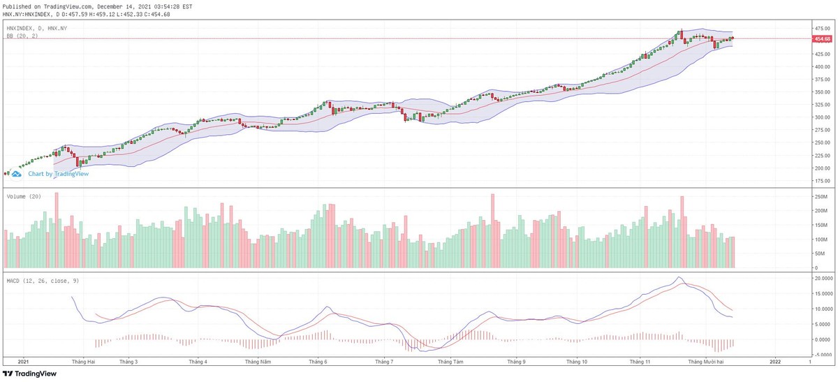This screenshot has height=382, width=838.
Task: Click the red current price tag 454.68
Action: pyautogui.click(x=821, y=38)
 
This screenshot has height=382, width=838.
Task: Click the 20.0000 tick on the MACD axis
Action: pyautogui.click(x=821, y=278)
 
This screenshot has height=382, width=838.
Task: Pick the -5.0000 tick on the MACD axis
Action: pyautogui.click(x=821, y=355)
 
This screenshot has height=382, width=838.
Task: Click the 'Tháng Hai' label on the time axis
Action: pyautogui.click(x=83, y=362)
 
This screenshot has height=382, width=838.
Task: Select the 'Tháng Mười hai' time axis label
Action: pyautogui.click(x=707, y=362)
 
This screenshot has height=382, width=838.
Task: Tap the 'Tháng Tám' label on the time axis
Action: pyautogui.click(x=450, y=362)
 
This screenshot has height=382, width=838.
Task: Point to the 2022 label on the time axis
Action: pyautogui.click(x=774, y=362)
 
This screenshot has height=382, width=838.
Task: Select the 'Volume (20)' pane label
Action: pyautogui.click(x=23, y=197)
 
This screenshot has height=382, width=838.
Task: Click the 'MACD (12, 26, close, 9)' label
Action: pyautogui.click(x=42, y=281)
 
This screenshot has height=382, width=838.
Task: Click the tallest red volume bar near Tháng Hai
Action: pyautogui.click(x=57, y=230)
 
